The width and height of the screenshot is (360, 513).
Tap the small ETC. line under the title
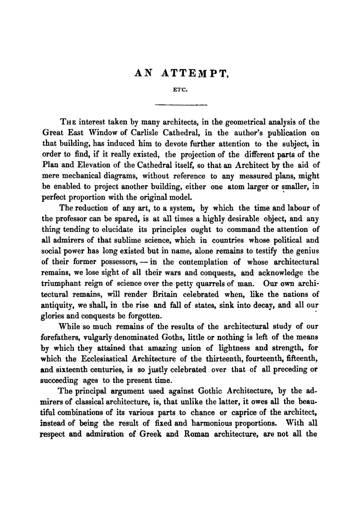[x=180, y=90]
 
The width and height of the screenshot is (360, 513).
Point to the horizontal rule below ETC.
[x=181, y=105]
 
